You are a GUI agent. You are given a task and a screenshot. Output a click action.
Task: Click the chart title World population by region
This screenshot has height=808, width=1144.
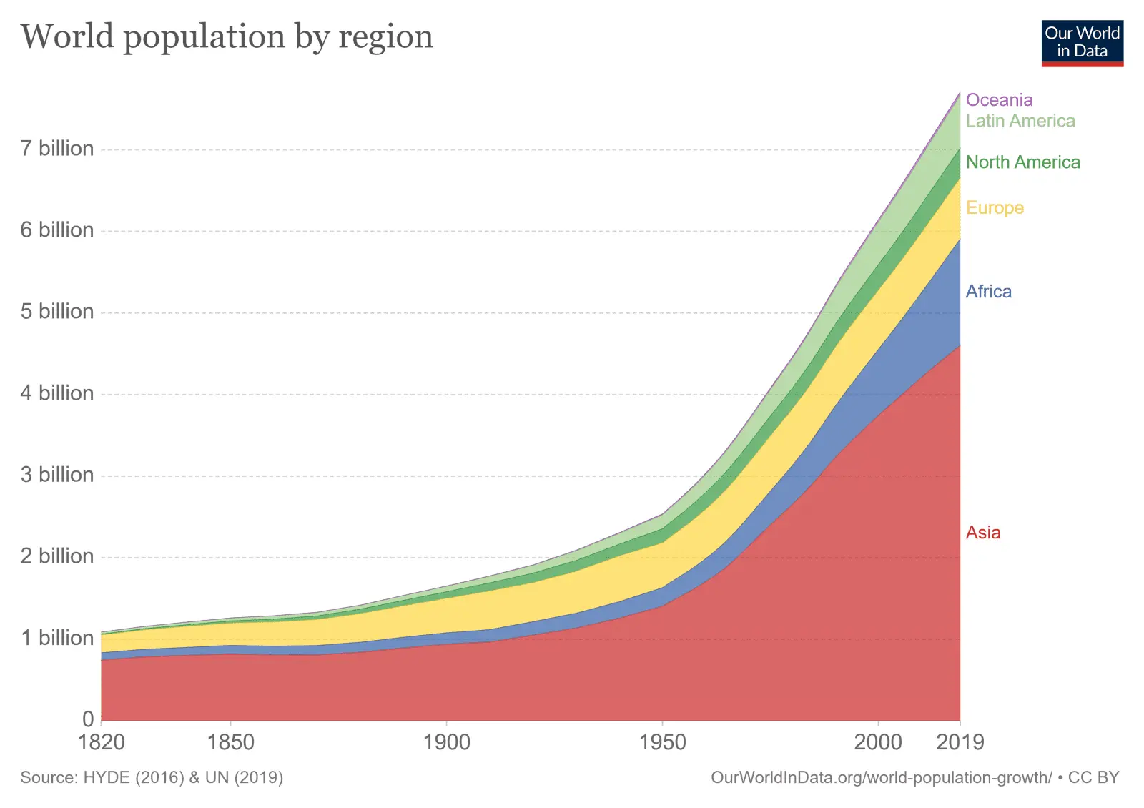pos(227,37)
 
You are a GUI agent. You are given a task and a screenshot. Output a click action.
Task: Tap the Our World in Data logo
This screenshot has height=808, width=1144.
pos(1082,43)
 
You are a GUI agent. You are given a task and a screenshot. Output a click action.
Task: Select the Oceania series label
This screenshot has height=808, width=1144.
pos(999,100)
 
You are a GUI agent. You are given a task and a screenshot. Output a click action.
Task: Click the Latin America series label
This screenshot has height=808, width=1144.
pos(1020,121)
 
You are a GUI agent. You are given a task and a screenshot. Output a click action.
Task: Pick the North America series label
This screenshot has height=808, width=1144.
pos(1022,162)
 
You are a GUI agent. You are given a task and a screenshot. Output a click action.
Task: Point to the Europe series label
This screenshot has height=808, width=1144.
pos(995,208)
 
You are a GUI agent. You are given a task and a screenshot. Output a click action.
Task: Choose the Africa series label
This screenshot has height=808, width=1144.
pos(988,292)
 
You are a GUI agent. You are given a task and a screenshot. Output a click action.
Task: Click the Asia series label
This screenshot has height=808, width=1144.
pos(982,533)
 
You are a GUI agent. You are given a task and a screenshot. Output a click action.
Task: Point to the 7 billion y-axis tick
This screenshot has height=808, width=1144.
pos(57,149)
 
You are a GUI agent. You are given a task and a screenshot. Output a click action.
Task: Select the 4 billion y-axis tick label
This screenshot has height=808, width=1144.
pos(57,393)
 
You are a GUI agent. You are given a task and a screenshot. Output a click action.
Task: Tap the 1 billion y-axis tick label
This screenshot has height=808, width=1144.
pos(57,638)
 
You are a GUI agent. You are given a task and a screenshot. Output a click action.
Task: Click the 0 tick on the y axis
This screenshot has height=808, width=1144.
pos(88,719)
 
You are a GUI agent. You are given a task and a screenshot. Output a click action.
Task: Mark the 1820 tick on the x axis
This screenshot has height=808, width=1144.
pos(102,742)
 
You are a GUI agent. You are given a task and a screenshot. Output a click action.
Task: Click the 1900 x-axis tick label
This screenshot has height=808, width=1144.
pos(447,742)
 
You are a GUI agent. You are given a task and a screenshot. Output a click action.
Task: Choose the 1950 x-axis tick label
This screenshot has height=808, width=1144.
pos(663,742)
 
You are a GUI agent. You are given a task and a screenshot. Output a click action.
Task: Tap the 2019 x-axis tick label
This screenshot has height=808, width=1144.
pos(960,742)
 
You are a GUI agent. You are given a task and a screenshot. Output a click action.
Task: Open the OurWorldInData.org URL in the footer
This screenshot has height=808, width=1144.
pos(881,777)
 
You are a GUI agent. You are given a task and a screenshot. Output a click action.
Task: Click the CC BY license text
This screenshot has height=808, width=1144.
pos(1093,777)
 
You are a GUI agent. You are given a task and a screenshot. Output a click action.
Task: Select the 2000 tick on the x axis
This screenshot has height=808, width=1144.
pos(878,742)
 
